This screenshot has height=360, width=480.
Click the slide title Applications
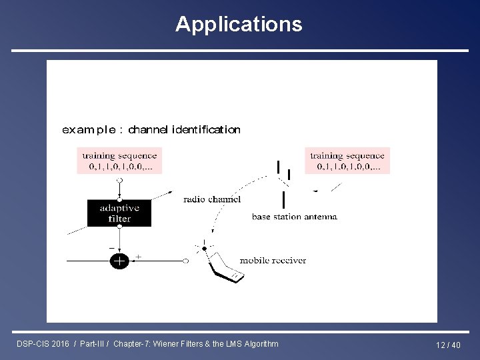239,25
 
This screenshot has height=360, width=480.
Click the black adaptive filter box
119,213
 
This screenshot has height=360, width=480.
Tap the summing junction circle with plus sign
119,261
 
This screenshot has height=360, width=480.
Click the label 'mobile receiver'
273,260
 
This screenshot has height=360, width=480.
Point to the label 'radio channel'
211,199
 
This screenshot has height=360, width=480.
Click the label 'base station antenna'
295,217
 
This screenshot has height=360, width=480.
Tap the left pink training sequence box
119,161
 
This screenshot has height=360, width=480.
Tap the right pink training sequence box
347,161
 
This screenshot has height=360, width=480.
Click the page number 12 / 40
448,345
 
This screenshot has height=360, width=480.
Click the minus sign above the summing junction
111,249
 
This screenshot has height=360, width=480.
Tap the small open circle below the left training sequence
119,180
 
